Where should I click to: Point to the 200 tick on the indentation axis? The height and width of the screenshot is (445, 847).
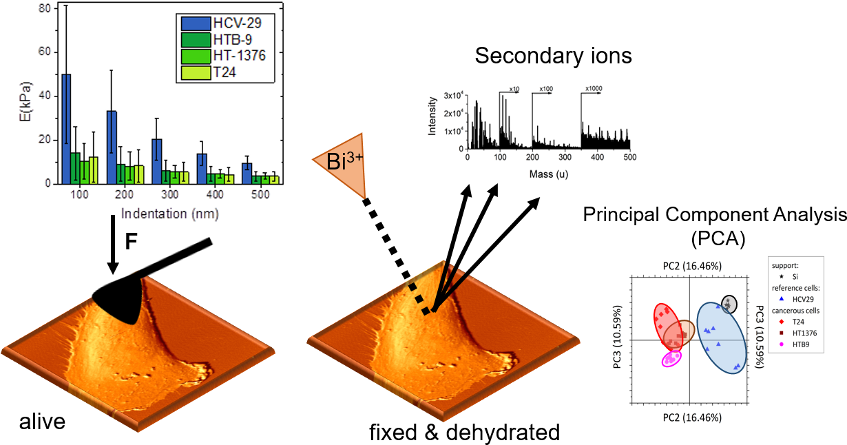pyautogui.click(x=125, y=195)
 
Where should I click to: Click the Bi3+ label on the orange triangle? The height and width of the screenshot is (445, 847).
pyautogui.click(x=344, y=162)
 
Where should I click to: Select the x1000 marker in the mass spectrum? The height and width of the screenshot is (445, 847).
pyautogui.click(x=594, y=89)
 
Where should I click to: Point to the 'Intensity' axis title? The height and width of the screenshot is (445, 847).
pyautogui.click(x=432, y=116)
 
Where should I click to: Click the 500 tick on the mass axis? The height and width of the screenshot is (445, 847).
pyautogui.click(x=629, y=158)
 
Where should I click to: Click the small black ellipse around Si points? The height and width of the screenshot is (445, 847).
pyautogui.click(x=729, y=303)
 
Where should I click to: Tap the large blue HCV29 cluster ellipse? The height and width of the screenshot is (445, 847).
pyautogui.click(x=721, y=338)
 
